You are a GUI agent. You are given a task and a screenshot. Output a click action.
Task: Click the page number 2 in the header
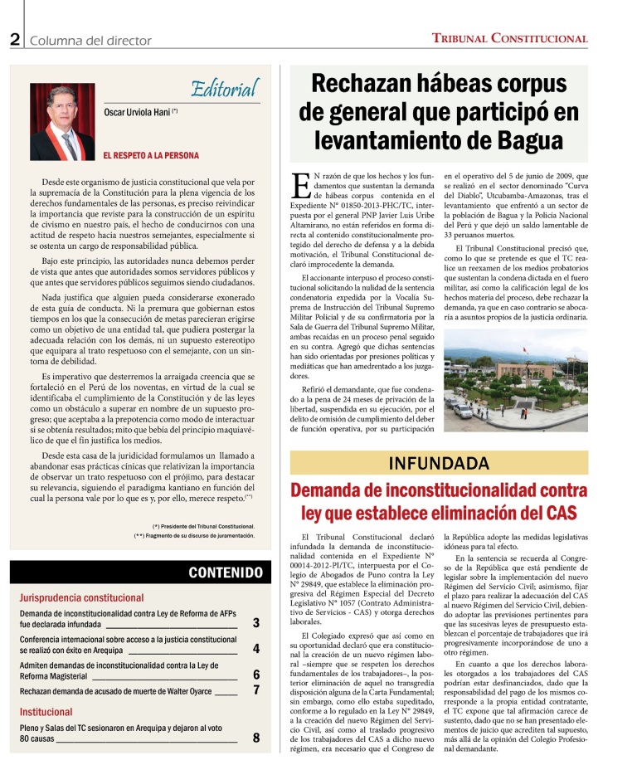click(15, 39)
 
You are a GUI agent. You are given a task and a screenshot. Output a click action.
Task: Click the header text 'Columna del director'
click(91, 40)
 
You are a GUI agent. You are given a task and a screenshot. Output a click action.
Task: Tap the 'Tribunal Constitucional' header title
click(510, 38)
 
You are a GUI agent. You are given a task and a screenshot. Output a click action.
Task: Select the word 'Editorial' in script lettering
click(224, 89)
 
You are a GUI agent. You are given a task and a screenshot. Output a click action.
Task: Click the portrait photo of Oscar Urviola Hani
click(62, 121)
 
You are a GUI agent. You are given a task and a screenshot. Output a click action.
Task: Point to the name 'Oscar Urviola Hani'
click(137, 112)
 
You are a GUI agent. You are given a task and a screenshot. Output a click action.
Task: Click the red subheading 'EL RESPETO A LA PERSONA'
click(151, 155)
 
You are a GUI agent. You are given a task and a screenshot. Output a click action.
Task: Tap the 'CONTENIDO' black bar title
click(225, 573)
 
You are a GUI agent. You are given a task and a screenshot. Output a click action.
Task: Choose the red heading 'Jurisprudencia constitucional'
click(81, 597)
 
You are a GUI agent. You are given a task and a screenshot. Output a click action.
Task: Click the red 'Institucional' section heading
click(46, 712)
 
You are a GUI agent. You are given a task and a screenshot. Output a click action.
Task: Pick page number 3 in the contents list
click(256, 623)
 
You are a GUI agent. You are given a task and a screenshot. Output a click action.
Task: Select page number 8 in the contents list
click(256, 738)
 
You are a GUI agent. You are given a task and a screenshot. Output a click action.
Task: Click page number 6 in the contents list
click(256, 675)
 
